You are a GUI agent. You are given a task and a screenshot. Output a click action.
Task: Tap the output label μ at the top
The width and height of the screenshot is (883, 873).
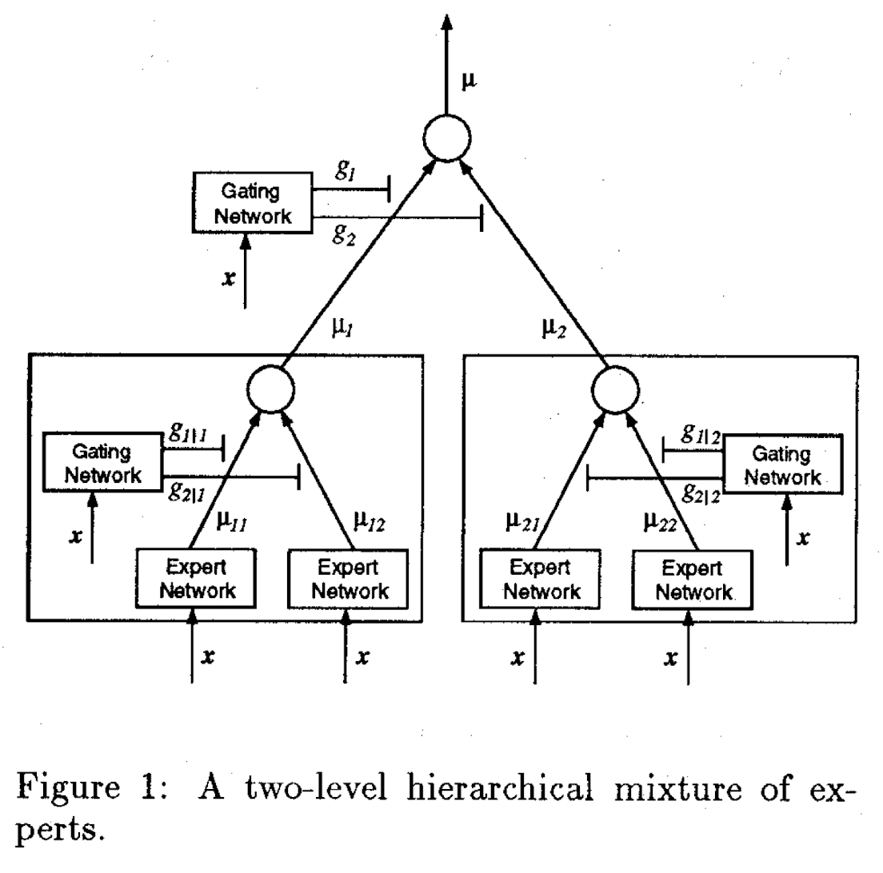pyautogui.click(x=469, y=81)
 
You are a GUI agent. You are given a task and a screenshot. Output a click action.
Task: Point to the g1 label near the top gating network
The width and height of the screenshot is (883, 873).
pyautogui.click(x=346, y=169)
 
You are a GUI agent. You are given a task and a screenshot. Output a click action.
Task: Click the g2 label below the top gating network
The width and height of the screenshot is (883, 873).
pyautogui.click(x=344, y=233)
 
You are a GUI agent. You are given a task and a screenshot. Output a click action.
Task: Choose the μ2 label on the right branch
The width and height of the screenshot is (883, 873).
pyautogui.click(x=553, y=328)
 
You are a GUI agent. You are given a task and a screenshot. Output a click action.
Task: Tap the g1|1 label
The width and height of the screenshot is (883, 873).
pyautogui.click(x=188, y=433)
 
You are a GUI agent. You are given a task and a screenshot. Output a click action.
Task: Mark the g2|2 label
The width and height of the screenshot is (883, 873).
pyautogui.click(x=701, y=493)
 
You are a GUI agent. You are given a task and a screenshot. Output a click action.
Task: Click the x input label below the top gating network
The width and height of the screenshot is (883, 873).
pyautogui.click(x=229, y=278)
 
